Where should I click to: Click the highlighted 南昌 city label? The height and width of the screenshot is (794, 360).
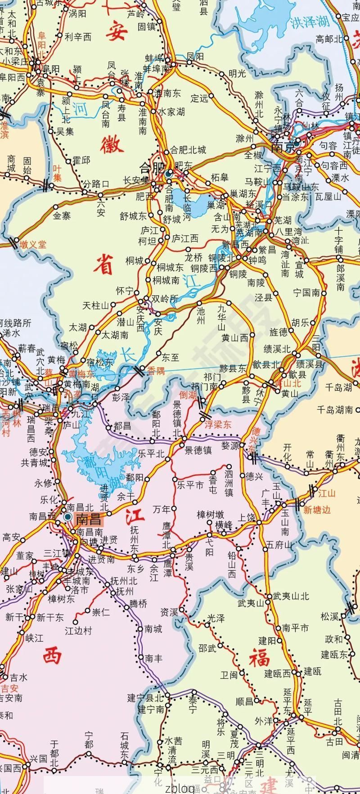pos(89,519)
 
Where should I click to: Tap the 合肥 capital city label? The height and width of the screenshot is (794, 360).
pos(151,167)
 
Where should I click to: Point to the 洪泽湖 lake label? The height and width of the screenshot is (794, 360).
pos(309,22)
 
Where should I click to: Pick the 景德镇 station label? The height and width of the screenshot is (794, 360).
pos(198,450)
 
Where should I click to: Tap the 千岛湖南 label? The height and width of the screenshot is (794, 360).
pos(335,409)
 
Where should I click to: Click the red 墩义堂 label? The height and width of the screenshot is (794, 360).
pos(33,244)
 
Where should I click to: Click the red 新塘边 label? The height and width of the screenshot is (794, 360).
pos(317,510)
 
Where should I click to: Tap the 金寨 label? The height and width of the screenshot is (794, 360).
pos(62,216)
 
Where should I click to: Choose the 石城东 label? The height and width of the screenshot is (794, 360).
pos(125,745)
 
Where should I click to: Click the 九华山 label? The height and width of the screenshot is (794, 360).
pos(221,318)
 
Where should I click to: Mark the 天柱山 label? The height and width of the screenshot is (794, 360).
pos(96,306)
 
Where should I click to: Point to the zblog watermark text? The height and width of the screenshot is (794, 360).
pos(180,788)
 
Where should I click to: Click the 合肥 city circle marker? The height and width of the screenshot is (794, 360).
pos(169,172)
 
